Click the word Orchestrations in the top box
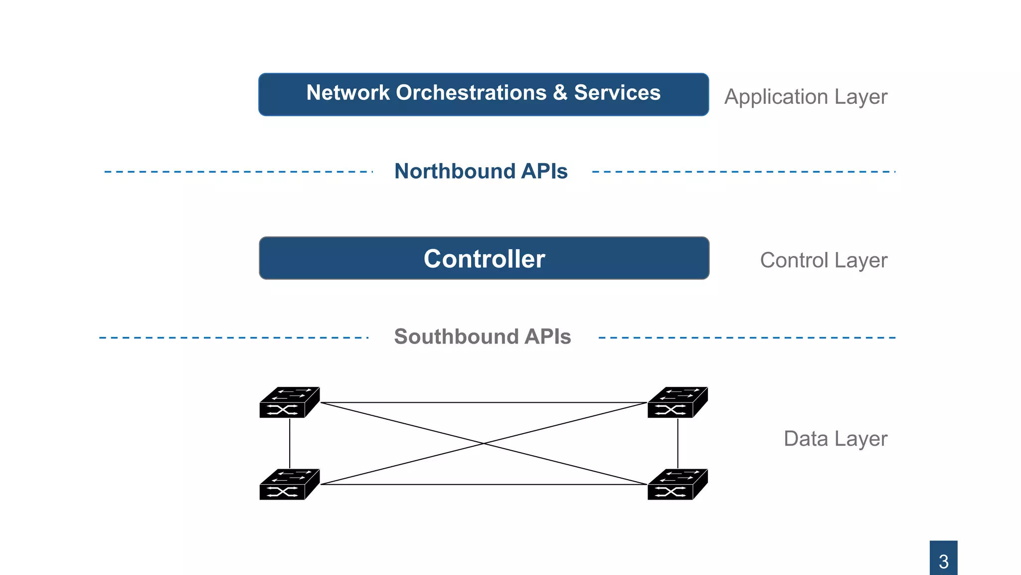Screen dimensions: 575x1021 471,93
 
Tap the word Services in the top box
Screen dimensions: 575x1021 617,93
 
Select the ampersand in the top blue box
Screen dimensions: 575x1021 560,93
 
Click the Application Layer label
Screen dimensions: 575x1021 806,97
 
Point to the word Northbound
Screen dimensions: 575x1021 454,171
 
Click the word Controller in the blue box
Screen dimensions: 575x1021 484,259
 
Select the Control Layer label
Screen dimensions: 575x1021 824,260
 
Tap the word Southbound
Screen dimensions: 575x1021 456,336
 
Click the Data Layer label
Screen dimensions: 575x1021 835,439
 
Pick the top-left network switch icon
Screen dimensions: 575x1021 289,402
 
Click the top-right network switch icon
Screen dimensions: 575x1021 677,402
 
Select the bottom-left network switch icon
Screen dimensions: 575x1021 289,484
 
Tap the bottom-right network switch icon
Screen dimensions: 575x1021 677,484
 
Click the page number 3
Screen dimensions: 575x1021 943,561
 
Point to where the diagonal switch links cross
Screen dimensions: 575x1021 484,443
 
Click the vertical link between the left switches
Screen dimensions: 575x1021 290,443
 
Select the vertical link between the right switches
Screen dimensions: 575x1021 678,443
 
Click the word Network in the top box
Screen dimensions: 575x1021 347,93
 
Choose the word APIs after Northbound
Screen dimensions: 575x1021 544,171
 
